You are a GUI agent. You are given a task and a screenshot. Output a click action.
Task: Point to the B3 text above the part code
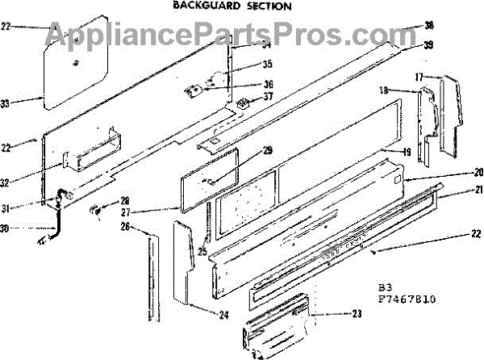tap(385, 287)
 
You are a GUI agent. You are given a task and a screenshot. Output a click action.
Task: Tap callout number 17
tap(419, 77)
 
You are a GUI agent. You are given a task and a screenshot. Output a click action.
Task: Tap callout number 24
tap(223, 315)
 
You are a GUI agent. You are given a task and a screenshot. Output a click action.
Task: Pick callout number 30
tap(27, 228)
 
